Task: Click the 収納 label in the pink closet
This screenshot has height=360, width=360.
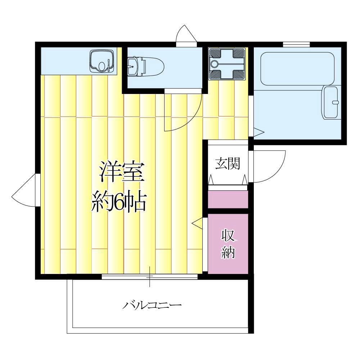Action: tap(228, 244)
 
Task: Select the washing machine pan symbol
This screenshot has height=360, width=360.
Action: tap(228, 64)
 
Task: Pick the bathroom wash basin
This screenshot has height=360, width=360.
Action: tap(331, 102)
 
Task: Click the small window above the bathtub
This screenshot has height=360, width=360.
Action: tap(296, 44)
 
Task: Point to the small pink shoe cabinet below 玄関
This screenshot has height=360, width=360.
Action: tap(228, 199)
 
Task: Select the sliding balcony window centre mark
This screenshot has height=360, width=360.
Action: tap(150, 276)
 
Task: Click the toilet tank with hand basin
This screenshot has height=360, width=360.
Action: tap(136, 66)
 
